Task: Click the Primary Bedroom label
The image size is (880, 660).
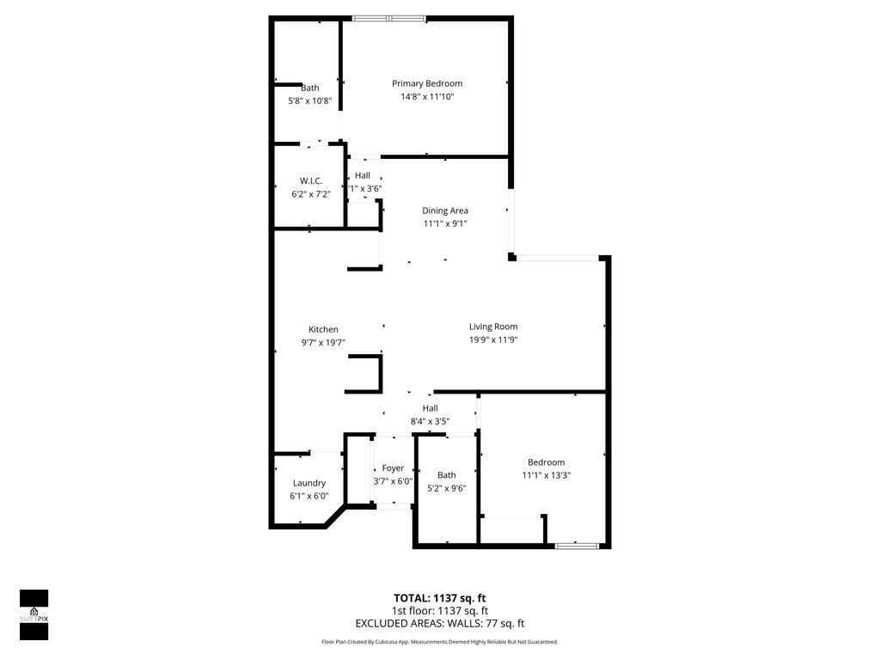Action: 427,83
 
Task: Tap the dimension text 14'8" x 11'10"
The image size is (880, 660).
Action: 427,97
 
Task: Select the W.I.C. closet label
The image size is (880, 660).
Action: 310,180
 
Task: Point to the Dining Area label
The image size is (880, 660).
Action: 445,211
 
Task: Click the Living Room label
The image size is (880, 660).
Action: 493,327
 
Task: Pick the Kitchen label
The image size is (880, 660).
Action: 323,329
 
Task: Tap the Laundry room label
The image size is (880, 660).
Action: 309,483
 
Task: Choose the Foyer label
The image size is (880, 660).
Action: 393,468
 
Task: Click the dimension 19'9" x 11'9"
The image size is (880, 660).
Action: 493,340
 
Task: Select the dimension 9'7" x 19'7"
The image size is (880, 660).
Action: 323,343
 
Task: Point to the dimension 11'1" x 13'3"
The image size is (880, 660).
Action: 547,475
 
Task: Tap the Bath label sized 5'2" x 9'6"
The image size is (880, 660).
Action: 447,475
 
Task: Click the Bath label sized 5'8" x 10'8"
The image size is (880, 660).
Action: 309,88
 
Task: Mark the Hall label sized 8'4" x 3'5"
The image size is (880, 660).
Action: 430,408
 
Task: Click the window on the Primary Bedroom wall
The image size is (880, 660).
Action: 388,18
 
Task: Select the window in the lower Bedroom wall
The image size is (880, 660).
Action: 577,545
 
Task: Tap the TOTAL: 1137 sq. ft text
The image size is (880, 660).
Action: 439,598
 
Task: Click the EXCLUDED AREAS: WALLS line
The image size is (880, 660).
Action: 439,624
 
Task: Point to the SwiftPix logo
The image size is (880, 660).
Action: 34,614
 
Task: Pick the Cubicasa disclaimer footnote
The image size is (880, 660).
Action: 439,642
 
